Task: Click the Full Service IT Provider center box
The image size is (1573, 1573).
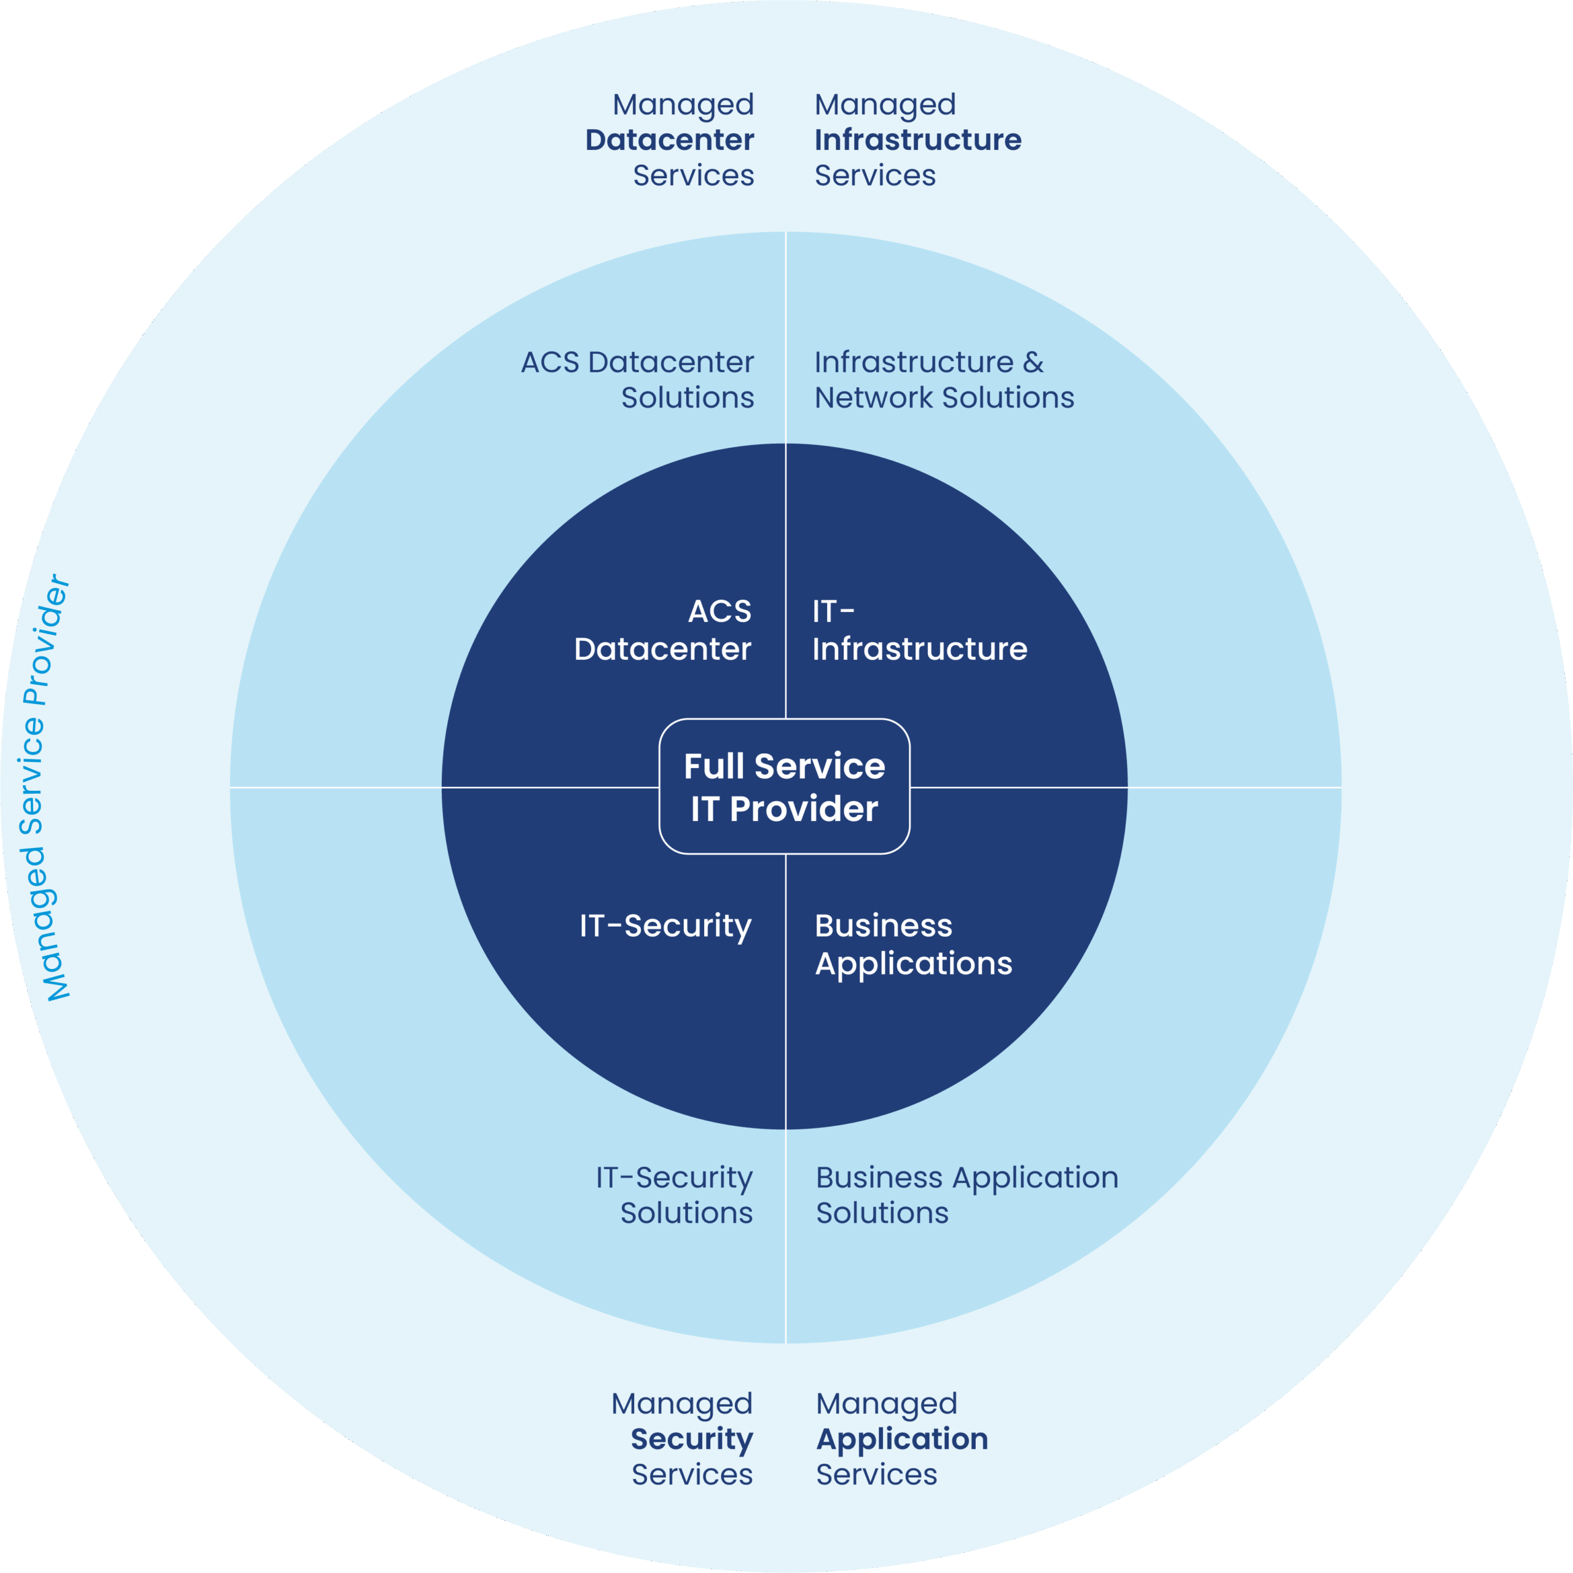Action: coord(784,786)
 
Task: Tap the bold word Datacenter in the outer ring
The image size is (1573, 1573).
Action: coord(669,140)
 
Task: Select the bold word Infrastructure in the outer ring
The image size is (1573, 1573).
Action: coord(917,140)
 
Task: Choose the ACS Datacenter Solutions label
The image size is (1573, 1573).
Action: coord(638,379)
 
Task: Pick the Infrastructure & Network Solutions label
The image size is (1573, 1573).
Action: coord(944,379)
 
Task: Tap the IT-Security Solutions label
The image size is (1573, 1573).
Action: coord(674,1194)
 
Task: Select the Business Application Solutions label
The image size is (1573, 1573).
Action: coord(967,1194)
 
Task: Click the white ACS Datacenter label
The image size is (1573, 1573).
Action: coord(663,630)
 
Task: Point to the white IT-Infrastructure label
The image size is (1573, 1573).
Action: coord(919,630)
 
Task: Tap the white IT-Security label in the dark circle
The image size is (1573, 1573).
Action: coord(665,926)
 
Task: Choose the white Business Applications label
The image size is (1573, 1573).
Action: coord(912,944)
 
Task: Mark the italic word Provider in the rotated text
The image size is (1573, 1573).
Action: coord(47,640)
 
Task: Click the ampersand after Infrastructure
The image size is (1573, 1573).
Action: coord(1033,363)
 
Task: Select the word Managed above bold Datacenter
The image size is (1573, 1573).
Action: coord(683,104)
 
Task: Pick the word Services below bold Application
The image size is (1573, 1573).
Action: coord(876,1475)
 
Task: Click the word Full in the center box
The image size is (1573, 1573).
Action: coord(714,766)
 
